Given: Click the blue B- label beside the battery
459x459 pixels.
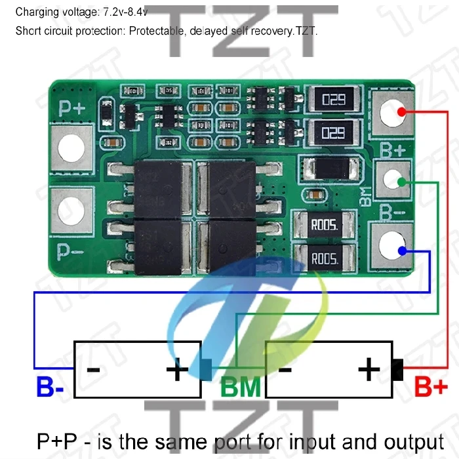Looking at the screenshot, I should point(50,387).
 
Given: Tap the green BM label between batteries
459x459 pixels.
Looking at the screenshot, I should point(241,387).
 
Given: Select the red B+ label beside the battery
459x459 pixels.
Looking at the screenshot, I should point(431,387).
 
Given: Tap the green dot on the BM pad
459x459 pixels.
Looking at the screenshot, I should point(401,180).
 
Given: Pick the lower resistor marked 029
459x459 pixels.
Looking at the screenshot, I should point(333,133).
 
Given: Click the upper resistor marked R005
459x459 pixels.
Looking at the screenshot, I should point(324,225).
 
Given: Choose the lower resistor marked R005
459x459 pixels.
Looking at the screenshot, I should point(324,258).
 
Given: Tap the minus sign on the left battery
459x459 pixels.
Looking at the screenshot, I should point(94,370).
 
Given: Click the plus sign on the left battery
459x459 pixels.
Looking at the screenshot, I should point(177,371).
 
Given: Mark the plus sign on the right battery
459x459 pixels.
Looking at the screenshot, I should point(369,371).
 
